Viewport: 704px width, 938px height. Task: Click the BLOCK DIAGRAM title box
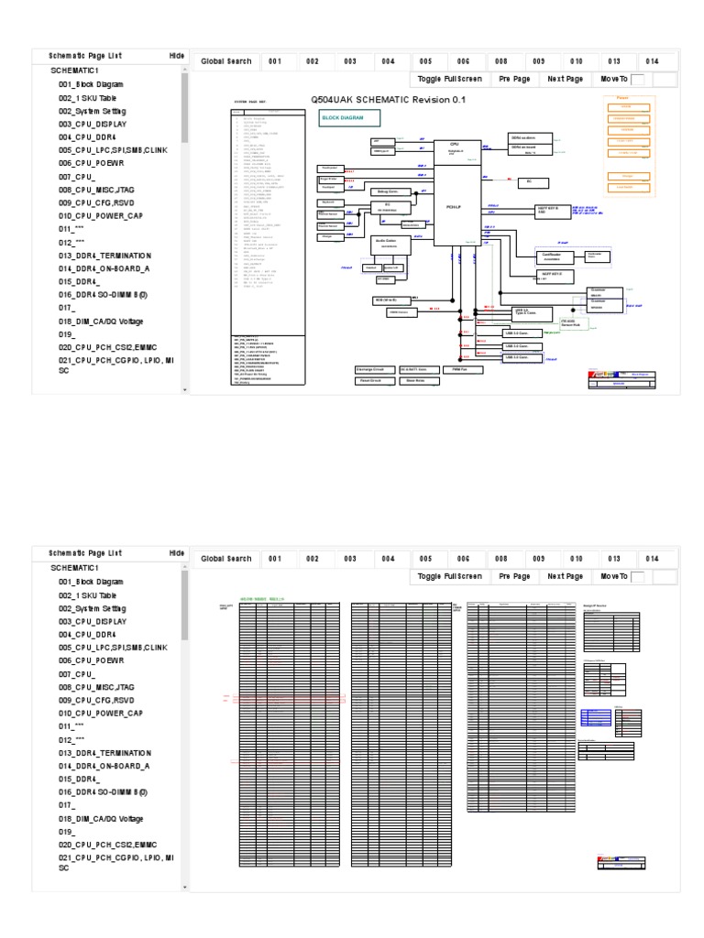pos(348,118)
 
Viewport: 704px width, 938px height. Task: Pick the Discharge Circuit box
pos(374,368)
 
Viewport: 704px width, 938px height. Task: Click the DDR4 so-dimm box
pos(530,137)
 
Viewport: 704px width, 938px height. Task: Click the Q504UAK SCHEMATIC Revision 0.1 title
pos(390,99)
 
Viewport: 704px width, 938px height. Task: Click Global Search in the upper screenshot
pos(225,61)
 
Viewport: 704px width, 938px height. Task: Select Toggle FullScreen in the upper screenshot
pos(449,80)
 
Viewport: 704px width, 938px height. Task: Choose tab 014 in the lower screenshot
pos(652,559)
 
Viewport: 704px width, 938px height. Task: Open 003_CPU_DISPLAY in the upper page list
pos(93,124)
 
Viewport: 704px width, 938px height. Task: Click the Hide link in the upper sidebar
pos(177,55)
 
